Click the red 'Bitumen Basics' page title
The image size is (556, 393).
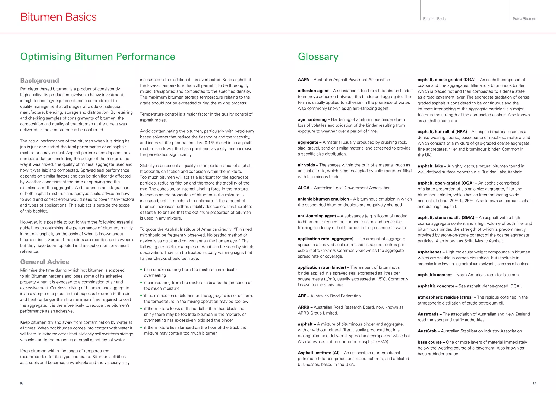(58, 17)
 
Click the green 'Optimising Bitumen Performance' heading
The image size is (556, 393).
(97, 56)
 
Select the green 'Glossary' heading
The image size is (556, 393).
(318, 56)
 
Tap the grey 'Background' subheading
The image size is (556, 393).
(39, 80)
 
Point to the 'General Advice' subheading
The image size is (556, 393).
(45, 262)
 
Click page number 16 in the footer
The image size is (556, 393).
(21, 383)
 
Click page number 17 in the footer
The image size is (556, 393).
(534, 383)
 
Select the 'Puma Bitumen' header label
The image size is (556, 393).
(524, 19)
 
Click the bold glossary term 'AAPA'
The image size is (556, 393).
(303, 80)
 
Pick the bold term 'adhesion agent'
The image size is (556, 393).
(313, 91)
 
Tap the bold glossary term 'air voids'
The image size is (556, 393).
(307, 165)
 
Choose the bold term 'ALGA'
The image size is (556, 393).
(304, 188)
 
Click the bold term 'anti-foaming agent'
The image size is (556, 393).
(317, 216)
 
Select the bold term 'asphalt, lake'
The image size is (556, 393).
(430, 166)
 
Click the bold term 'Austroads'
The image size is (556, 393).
(428, 314)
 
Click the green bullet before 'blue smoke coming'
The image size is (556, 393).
(141, 270)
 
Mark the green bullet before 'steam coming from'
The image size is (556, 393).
(141, 283)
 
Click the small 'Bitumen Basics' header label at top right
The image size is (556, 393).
(435, 19)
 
